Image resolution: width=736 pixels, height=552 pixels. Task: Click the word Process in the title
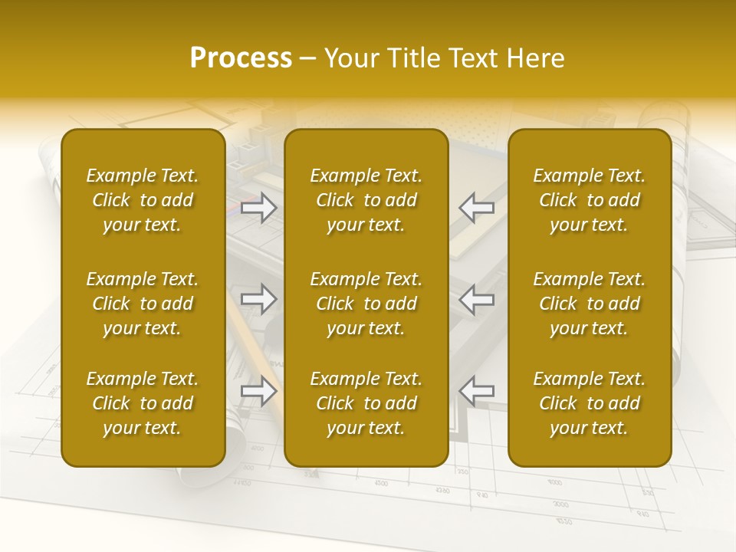[x=241, y=58]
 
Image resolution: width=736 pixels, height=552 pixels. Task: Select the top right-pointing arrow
[x=259, y=207]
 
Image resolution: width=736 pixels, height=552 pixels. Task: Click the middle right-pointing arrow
[x=259, y=299]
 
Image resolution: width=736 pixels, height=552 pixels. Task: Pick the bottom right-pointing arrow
[x=259, y=391]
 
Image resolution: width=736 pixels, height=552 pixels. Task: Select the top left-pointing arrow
[x=477, y=207]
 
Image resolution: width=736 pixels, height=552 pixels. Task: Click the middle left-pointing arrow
[x=477, y=299]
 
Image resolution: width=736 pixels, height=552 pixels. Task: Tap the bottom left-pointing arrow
[x=477, y=391]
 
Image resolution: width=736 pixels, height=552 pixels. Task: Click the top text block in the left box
[x=143, y=200]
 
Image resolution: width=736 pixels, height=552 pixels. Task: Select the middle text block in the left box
[x=143, y=304]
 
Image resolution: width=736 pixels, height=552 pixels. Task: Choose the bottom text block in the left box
[x=143, y=403]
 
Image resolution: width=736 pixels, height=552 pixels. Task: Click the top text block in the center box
[x=366, y=200]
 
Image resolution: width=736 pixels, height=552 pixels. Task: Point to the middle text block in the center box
[x=366, y=304]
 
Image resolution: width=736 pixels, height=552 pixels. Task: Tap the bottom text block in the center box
[x=366, y=403]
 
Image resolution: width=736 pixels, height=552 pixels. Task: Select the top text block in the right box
[x=590, y=200]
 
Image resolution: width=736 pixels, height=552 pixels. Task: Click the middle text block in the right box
[x=590, y=304]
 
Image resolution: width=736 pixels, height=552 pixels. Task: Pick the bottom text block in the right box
[x=590, y=403]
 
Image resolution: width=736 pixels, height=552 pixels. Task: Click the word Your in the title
[x=351, y=58]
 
